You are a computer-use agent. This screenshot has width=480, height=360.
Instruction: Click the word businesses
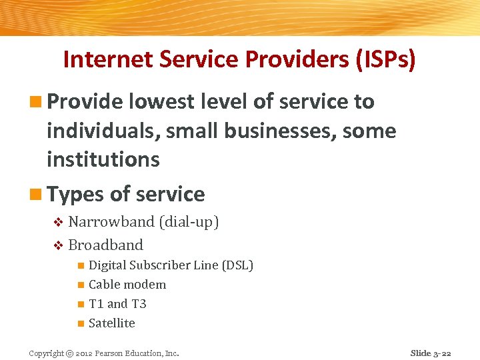pos(281,131)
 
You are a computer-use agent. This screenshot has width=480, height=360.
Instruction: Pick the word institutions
pos(103,159)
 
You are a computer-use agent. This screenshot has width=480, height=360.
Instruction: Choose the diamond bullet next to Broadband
pos(58,245)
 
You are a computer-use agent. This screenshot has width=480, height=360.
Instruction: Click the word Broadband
pos(105,245)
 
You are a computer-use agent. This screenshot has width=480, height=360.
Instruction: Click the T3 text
pos(138,304)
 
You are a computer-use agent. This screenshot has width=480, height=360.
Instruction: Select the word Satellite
pos(111,323)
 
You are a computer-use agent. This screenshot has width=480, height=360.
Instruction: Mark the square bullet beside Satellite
pos(80,324)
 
